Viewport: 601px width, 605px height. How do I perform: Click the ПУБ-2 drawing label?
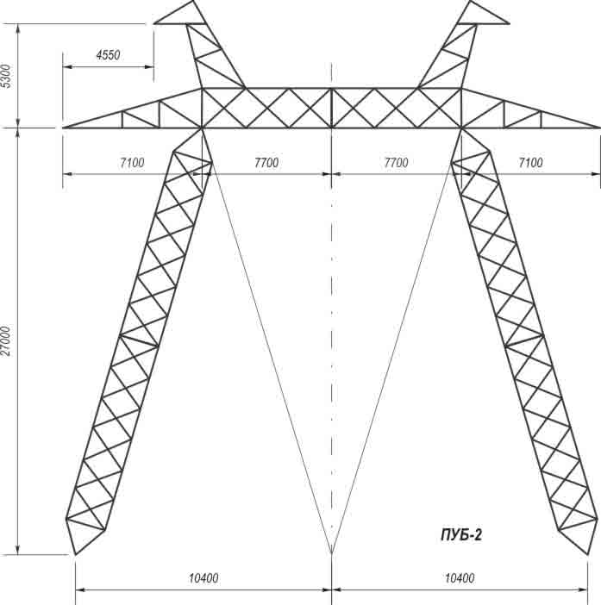[x=461, y=535]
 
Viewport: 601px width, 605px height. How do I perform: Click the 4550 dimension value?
[x=108, y=55]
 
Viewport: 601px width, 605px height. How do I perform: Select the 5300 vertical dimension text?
[x=7, y=76]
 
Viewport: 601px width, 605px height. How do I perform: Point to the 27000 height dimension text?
[x=5, y=341]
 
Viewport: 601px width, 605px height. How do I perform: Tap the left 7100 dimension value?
[x=132, y=162]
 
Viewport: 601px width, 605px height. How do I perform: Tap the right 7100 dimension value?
[x=531, y=162]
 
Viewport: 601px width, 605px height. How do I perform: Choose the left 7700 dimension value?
[x=266, y=162]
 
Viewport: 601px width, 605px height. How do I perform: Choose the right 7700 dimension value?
[x=396, y=162]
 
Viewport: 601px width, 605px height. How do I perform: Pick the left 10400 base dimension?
[x=203, y=578]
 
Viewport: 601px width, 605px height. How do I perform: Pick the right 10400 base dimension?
[x=460, y=578]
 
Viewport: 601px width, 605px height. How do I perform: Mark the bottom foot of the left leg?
[x=75, y=554]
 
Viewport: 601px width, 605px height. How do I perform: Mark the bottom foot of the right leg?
[x=587, y=554]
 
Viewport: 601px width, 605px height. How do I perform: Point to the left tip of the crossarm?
[x=63, y=128]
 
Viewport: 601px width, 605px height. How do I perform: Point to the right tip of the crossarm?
[x=599, y=128]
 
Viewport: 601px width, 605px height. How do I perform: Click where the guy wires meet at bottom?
[x=332, y=553]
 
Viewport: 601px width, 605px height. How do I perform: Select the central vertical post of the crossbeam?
[x=332, y=108]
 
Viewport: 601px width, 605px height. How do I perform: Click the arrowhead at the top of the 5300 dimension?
[x=18, y=28]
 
